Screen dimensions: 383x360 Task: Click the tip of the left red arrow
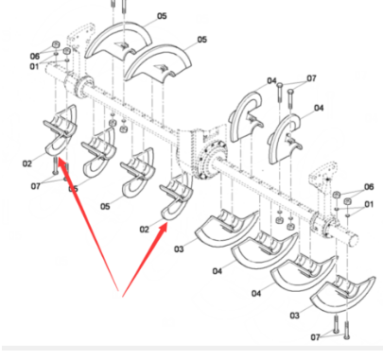pyautogui.click(x=59, y=162)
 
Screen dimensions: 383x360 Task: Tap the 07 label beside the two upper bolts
pyautogui.click(x=311, y=78)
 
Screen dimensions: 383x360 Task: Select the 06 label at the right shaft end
pyautogui.click(x=369, y=188)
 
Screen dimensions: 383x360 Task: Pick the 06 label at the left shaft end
pyautogui.click(x=34, y=55)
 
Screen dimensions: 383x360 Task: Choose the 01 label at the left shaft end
pyautogui.click(x=34, y=66)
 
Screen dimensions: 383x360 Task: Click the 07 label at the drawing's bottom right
pyautogui.click(x=317, y=337)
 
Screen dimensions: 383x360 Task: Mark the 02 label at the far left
pyautogui.click(x=27, y=163)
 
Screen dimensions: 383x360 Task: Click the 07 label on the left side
pyautogui.click(x=35, y=186)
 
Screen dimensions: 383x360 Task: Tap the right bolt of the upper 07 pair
pyautogui.click(x=291, y=97)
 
